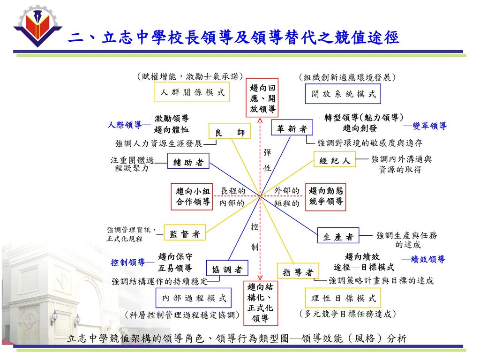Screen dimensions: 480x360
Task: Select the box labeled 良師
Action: pyautogui.click(x=230, y=131)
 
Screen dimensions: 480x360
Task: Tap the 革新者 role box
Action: pyautogui.click(x=292, y=128)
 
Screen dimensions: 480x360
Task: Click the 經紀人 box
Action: pyautogui.click(x=335, y=159)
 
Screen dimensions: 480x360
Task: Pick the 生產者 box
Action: pyautogui.click(x=338, y=236)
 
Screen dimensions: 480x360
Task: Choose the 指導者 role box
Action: pyautogui.click(x=298, y=271)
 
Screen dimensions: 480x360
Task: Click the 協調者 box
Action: pyautogui.click(x=227, y=268)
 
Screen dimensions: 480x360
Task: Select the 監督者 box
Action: pyautogui.click(x=185, y=233)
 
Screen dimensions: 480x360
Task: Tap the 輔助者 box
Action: pyautogui.click(x=188, y=161)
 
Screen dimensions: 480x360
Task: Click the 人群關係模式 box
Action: pyautogui.click(x=192, y=92)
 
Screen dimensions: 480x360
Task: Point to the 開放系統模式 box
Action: pyautogui.click(x=343, y=94)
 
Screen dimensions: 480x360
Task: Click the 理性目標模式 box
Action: pyautogui.click(x=343, y=298)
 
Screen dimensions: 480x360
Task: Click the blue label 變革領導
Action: pyautogui.click(x=429, y=126)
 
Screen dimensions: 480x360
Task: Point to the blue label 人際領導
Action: pyautogui.click(x=125, y=125)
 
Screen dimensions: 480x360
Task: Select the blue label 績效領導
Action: pyautogui.click(x=428, y=259)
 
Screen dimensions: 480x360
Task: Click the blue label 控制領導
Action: pyautogui.click(x=128, y=262)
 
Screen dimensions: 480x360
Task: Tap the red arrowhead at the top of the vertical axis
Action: pyautogui.click(x=260, y=120)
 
